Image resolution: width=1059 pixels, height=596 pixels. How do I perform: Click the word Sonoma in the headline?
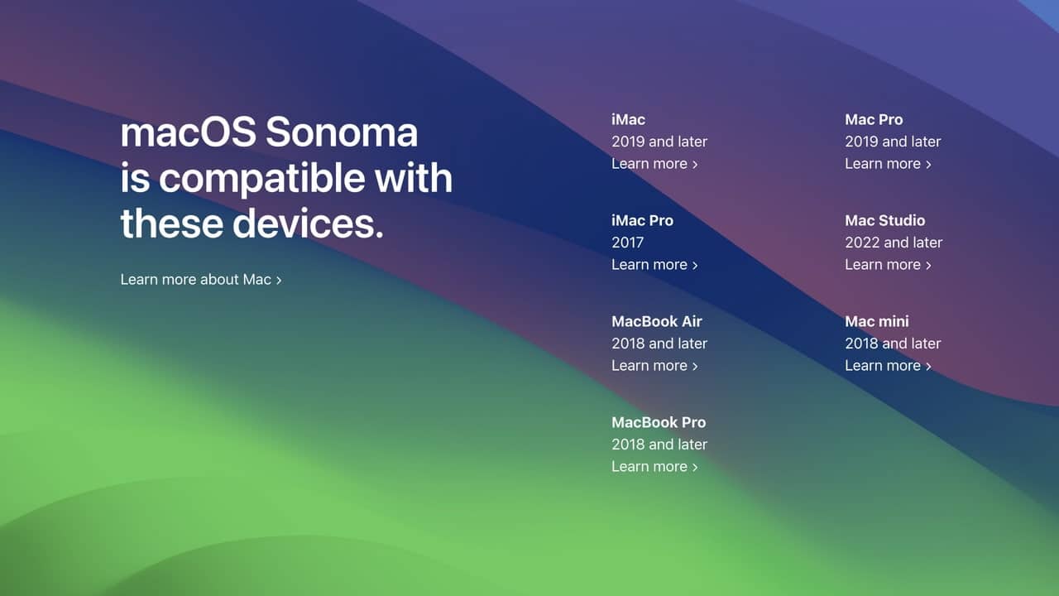[x=342, y=132]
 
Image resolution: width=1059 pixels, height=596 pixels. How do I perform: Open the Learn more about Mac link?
[x=201, y=280]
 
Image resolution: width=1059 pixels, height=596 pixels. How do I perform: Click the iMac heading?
[x=628, y=120]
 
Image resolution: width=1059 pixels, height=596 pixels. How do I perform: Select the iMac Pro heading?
[x=642, y=221]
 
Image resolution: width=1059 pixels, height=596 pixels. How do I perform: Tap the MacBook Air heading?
[x=656, y=322]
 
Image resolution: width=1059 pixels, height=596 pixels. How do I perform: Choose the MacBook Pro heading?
[x=659, y=423]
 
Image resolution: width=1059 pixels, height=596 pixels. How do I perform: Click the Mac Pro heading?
[x=874, y=120]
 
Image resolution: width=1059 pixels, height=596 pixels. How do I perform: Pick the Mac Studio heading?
[x=884, y=221]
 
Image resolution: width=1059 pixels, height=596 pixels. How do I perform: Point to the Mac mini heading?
[x=876, y=322]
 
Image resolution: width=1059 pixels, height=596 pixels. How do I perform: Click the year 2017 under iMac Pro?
[x=627, y=243]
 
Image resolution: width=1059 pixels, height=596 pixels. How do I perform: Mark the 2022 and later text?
[x=894, y=243]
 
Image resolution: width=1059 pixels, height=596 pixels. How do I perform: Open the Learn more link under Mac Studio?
[x=888, y=265]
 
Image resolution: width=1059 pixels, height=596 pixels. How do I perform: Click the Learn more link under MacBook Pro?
[x=654, y=467]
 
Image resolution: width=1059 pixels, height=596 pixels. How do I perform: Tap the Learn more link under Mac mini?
[x=888, y=366]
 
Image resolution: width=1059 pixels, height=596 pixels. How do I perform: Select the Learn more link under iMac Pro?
[x=654, y=265]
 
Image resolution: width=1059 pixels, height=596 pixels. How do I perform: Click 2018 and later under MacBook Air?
[x=659, y=344]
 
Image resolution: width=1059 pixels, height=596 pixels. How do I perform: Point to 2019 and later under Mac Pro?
[x=893, y=142]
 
